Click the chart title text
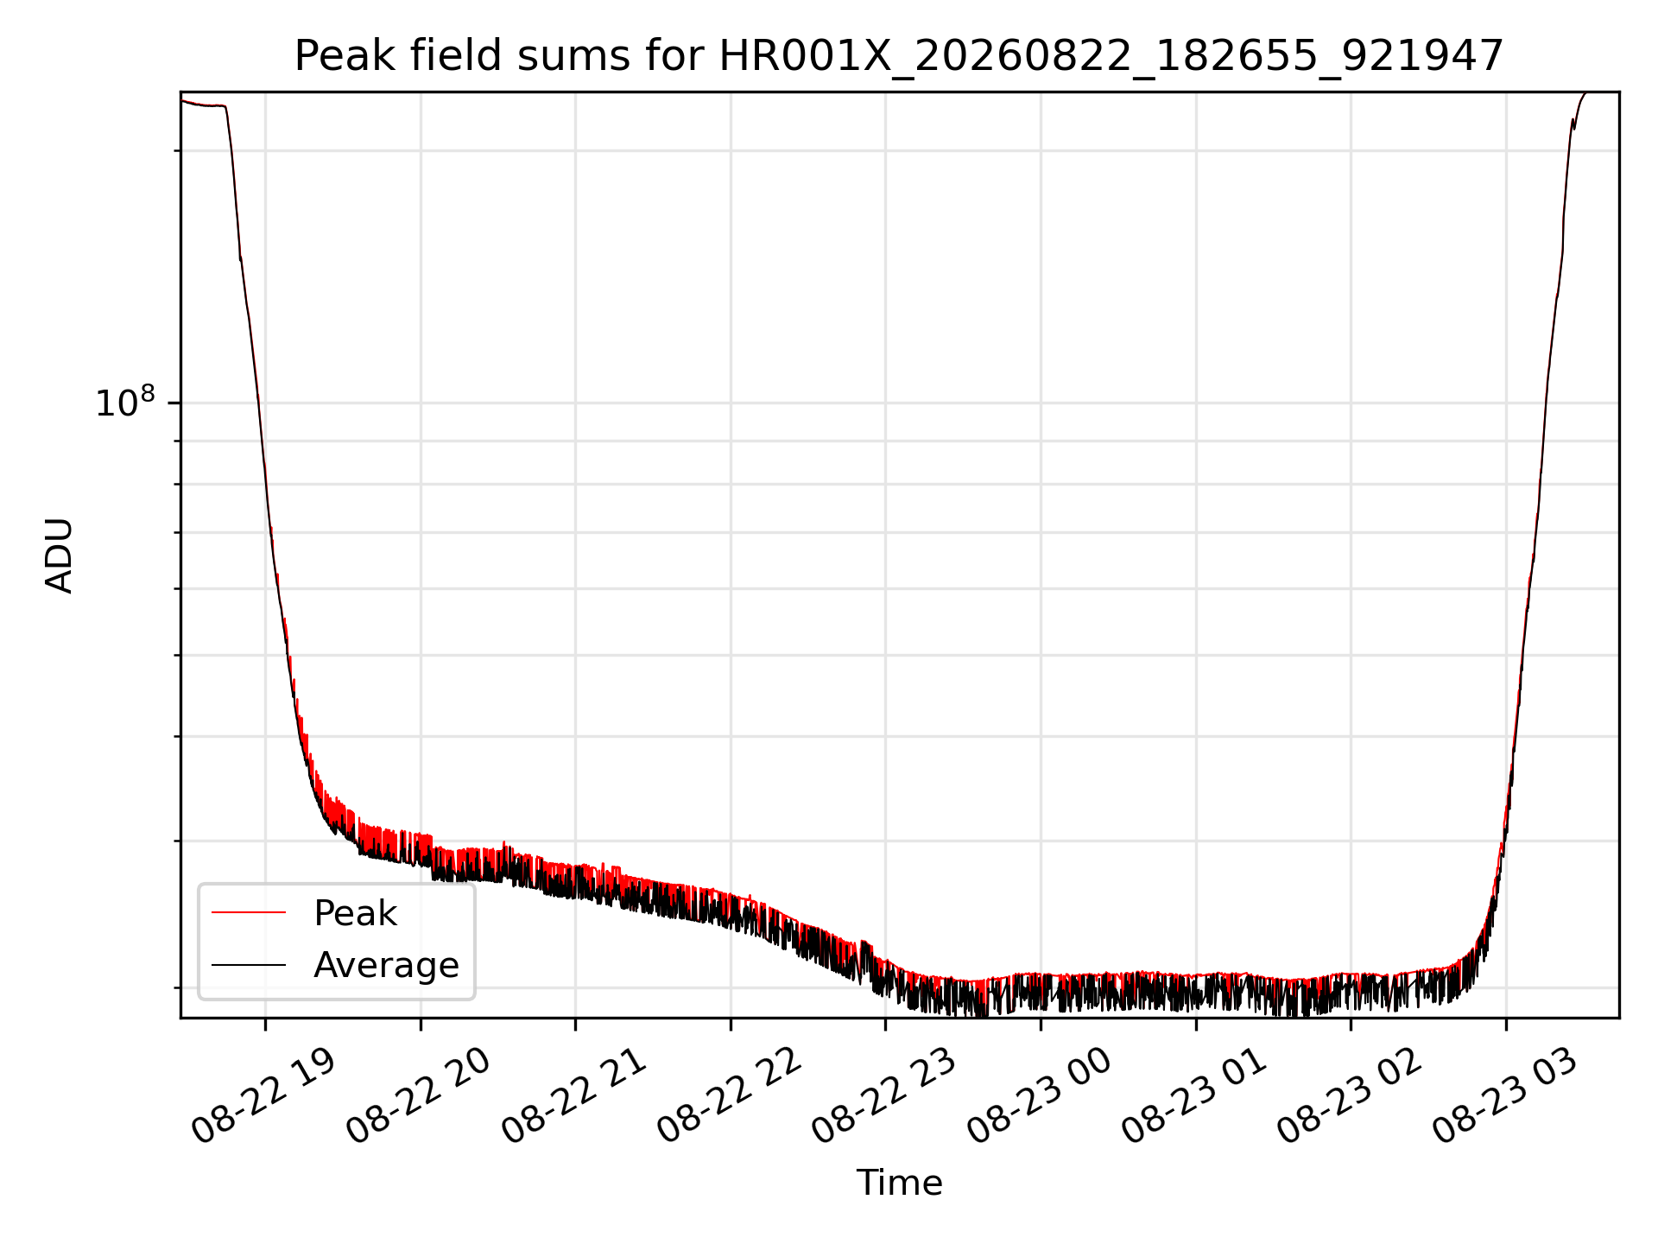point(899,56)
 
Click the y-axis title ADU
point(60,555)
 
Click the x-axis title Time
point(899,1183)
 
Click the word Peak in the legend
point(355,913)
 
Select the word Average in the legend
point(386,965)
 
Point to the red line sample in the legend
point(249,912)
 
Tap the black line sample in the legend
point(249,964)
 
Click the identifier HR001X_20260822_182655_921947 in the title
point(1112,57)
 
